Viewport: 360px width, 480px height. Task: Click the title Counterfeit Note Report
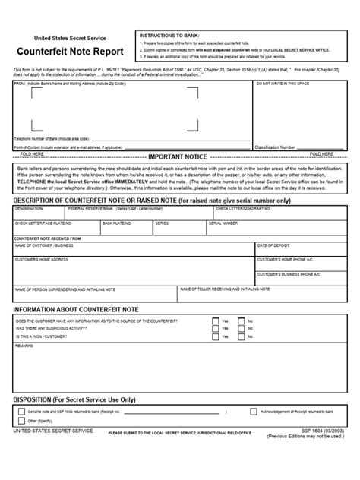pos(64,54)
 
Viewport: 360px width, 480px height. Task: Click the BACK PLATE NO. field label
pos(118,223)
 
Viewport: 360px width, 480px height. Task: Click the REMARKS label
pos(24,345)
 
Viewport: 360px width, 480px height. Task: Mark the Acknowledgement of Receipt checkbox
pos(254,411)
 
